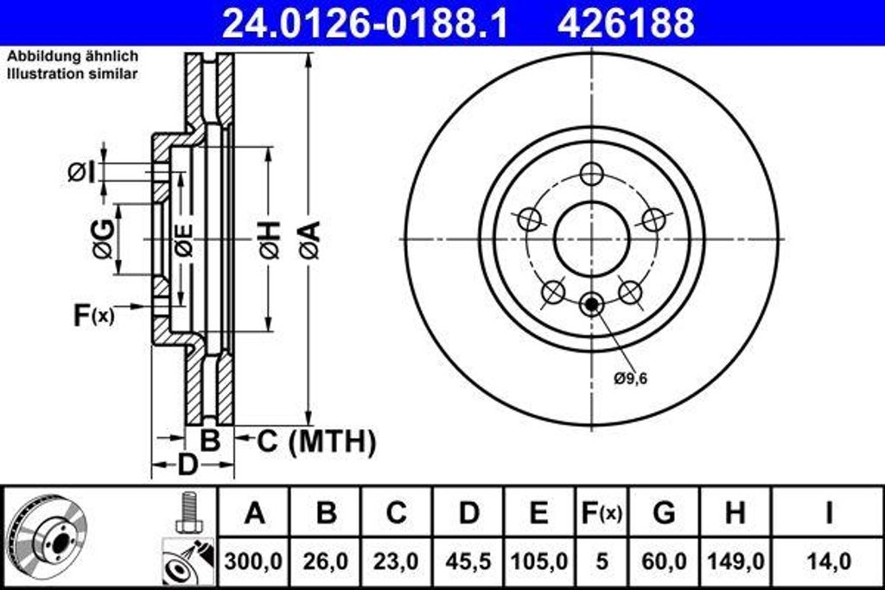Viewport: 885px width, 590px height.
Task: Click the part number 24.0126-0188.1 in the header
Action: click(x=364, y=23)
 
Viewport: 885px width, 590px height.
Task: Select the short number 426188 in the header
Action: click(x=626, y=23)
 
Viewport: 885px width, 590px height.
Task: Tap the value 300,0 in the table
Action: click(x=254, y=561)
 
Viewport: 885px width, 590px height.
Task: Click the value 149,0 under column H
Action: click(x=735, y=561)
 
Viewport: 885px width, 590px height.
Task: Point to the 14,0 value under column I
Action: click(x=828, y=561)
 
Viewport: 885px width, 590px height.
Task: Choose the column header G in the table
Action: click(x=664, y=512)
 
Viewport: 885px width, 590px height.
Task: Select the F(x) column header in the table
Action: click(x=601, y=512)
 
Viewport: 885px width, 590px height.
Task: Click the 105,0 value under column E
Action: click(x=538, y=561)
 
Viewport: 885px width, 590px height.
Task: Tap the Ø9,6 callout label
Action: click(x=632, y=377)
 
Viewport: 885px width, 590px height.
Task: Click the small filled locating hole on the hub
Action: click(x=592, y=304)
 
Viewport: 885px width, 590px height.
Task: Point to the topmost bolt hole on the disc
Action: click(x=592, y=174)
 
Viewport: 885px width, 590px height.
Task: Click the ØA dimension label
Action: click(x=309, y=239)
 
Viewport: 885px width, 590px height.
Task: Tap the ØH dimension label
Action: click(x=269, y=239)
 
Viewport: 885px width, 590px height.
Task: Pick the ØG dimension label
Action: click(x=103, y=239)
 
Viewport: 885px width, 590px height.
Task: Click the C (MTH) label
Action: click(x=316, y=441)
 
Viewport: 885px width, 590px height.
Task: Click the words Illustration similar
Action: click(x=73, y=74)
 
